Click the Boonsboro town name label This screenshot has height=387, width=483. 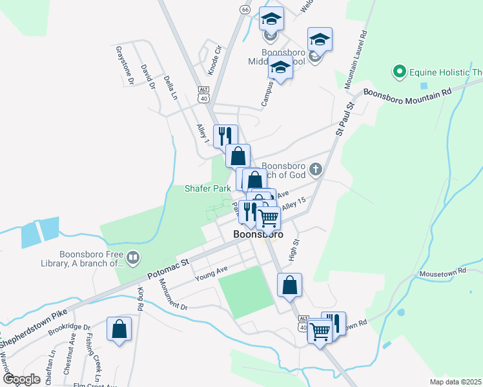(x=258, y=235)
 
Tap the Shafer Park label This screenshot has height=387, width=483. (x=208, y=188)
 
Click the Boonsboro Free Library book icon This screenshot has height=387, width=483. (x=132, y=259)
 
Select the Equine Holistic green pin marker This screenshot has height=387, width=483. (x=399, y=71)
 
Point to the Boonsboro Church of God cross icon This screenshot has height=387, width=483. (x=316, y=170)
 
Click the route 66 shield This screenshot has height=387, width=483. (x=244, y=10)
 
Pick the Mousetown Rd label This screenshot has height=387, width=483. (x=442, y=273)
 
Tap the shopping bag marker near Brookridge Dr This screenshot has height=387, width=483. (x=119, y=330)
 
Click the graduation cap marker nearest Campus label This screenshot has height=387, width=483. (x=280, y=68)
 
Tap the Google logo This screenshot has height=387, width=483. (x=21, y=379)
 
